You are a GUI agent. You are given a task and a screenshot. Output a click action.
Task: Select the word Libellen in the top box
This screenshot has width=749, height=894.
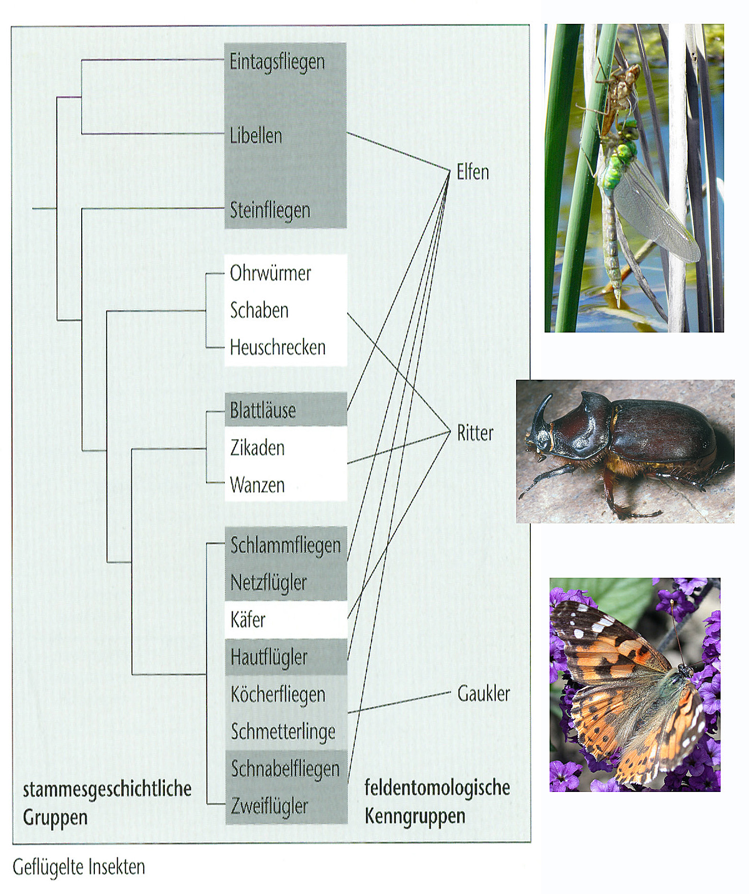pyautogui.click(x=256, y=136)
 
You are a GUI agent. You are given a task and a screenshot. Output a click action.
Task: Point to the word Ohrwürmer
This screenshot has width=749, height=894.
pyautogui.click(x=270, y=273)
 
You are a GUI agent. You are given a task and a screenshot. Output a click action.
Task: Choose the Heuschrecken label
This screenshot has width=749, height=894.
pyautogui.click(x=278, y=347)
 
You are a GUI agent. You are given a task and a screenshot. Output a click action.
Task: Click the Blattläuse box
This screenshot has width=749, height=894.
pyautogui.click(x=286, y=409)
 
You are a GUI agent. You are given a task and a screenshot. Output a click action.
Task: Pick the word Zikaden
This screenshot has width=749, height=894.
pyautogui.click(x=257, y=448)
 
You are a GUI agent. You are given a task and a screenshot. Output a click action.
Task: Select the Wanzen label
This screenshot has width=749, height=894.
pyautogui.click(x=257, y=485)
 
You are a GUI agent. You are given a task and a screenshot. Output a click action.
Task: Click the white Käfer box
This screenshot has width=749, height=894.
pyautogui.click(x=286, y=620)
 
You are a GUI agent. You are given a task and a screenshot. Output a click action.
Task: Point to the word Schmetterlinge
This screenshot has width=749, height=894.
pyautogui.click(x=283, y=732)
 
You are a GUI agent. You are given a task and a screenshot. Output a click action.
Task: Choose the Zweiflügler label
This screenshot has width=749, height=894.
pyautogui.click(x=269, y=806)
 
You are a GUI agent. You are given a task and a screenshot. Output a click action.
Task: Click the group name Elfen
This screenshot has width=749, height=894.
pyautogui.click(x=472, y=172)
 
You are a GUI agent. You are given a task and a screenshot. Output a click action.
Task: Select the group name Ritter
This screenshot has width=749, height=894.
pyautogui.click(x=475, y=433)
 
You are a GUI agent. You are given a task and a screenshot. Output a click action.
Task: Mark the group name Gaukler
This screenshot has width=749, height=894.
pyautogui.click(x=484, y=693)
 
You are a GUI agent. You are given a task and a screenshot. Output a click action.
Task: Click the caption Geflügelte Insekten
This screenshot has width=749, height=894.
pyautogui.click(x=79, y=867)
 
